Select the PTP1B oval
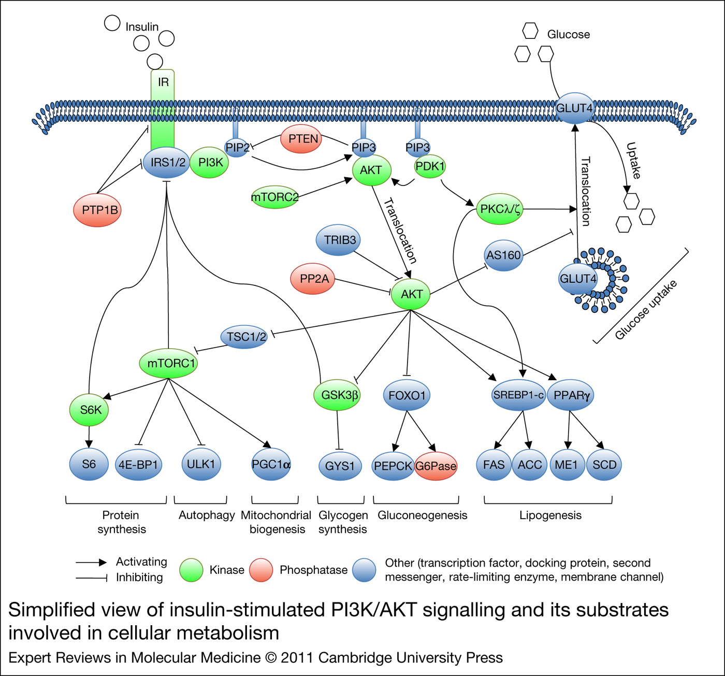(x=98, y=210)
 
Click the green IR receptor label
(x=163, y=82)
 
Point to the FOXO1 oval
(x=407, y=395)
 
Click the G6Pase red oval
(x=436, y=466)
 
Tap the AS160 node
(x=503, y=255)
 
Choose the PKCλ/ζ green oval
(x=500, y=209)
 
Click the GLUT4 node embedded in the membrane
(x=574, y=108)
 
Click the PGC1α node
(x=271, y=464)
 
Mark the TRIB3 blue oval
(x=339, y=240)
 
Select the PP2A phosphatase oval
(x=313, y=279)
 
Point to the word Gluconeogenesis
(x=422, y=515)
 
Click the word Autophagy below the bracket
(x=206, y=515)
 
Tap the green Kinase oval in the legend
(x=191, y=570)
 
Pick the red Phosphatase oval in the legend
(x=261, y=570)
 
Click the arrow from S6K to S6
(x=89, y=436)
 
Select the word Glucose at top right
(x=568, y=35)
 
